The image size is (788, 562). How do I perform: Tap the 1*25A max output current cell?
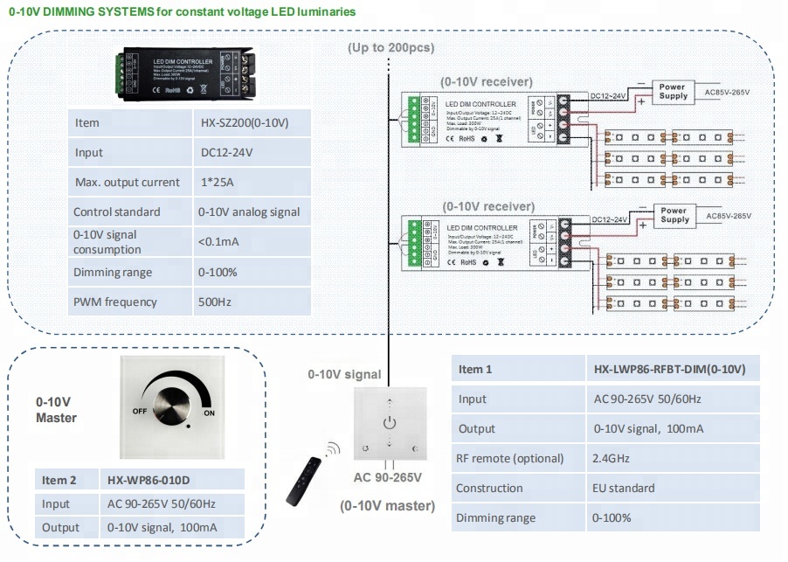tap(224, 182)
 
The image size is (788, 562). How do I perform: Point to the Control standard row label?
tap(117, 212)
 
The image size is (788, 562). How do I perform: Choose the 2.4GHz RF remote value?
tap(612, 458)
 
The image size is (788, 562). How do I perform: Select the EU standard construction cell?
tap(623, 488)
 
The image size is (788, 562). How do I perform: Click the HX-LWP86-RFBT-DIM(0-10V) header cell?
tap(668, 369)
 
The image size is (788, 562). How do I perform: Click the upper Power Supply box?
tap(673, 92)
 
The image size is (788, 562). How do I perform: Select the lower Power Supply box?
tap(674, 215)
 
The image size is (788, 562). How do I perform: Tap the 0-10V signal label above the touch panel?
tap(344, 374)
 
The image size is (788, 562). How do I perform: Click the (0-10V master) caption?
tap(387, 505)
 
